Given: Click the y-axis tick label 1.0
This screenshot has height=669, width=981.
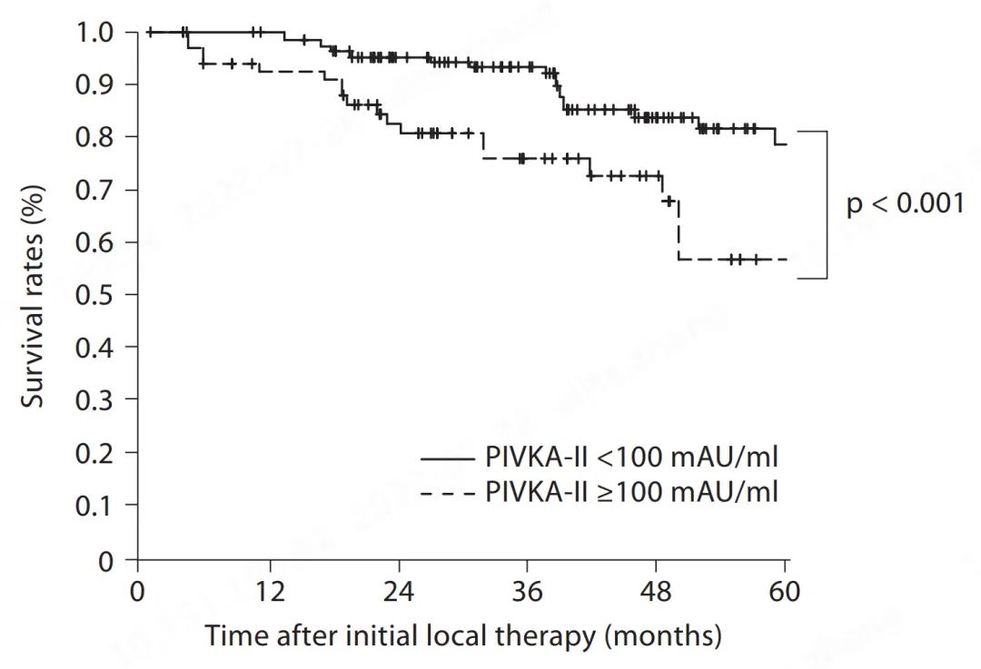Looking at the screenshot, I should pyautogui.click(x=95, y=33).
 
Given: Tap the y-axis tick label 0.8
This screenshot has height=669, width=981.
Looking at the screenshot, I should pyautogui.click(x=95, y=137).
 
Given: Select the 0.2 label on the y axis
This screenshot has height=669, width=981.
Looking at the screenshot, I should pyautogui.click(x=95, y=452).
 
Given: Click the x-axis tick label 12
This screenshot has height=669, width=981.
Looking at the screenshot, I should pyautogui.click(x=270, y=592).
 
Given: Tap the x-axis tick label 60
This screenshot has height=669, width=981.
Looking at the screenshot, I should pyautogui.click(x=785, y=592).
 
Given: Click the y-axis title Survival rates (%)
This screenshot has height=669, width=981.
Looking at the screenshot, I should pyautogui.click(x=35, y=296).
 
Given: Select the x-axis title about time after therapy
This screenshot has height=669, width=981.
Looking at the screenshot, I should pyautogui.click(x=463, y=635).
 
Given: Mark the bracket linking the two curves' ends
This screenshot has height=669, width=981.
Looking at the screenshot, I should pyautogui.click(x=827, y=205).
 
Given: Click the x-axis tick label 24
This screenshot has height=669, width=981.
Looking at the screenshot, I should pyautogui.click(x=399, y=592).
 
